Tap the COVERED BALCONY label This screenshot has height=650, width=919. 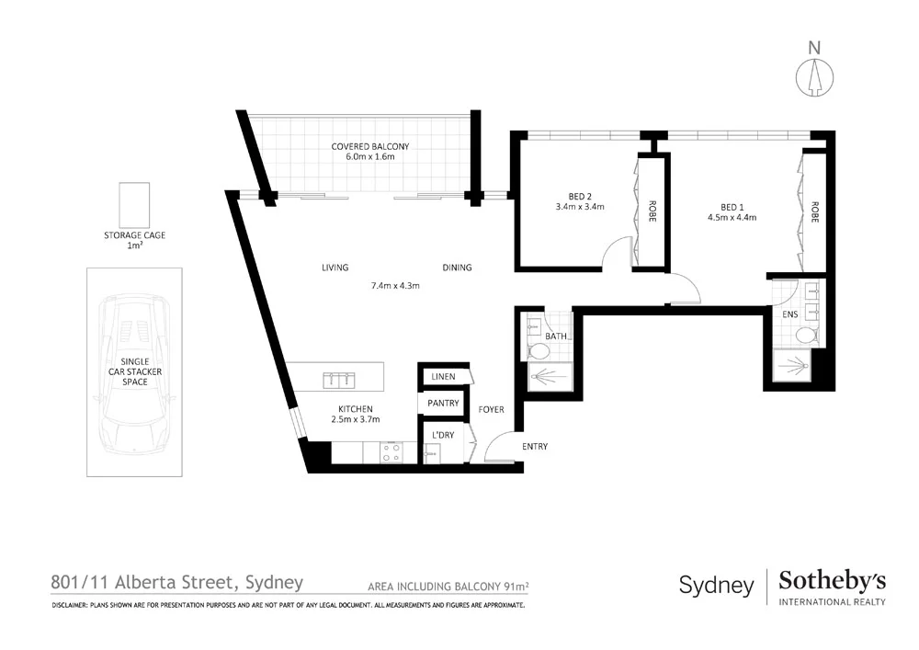click(x=370, y=147)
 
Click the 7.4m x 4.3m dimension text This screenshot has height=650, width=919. click(x=395, y=286)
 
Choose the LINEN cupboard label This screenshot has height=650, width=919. click(x=444, y=377)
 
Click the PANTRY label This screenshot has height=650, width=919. click(x=443, y=404)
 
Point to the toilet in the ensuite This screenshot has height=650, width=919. click(x=808, y=336)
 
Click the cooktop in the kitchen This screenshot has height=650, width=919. click(x=391, y=452)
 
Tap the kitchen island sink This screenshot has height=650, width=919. click(x=337, y=378)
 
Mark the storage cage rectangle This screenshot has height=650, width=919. click(x=134, y=204)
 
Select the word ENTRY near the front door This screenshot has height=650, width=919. click(x=535, y=447)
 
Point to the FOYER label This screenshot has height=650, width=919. click(x=492, y=410)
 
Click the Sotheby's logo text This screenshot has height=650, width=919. click(x=832, y=581)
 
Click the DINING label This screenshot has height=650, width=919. click(x=457, y=268)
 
